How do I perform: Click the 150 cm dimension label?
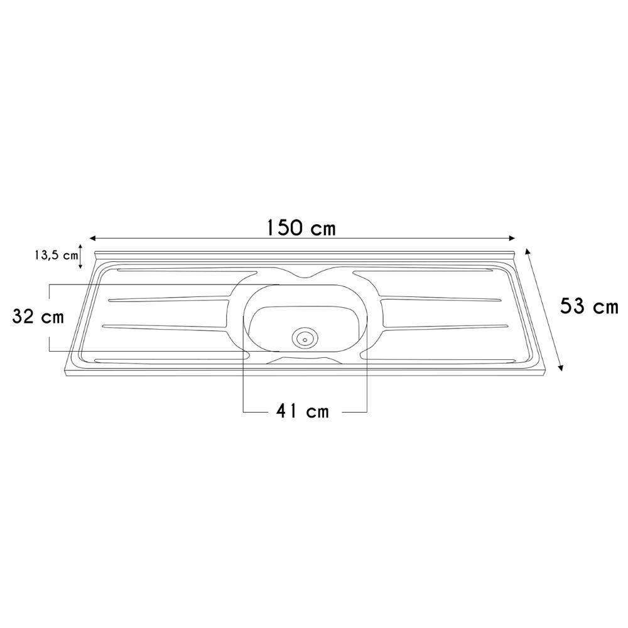(x=301, y=228)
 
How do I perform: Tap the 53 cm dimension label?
(x=589, y=307)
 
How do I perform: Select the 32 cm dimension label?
(x=38, y=317)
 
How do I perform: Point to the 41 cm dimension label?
(x=303, y=411)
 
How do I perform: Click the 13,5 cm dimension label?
(x=56, y=256)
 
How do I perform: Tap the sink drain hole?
(x=305, y=339)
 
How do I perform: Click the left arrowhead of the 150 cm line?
(x=93, y=238)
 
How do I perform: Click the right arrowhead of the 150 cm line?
(x=511, y=238)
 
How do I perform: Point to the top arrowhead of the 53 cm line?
(x=528, y=252)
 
